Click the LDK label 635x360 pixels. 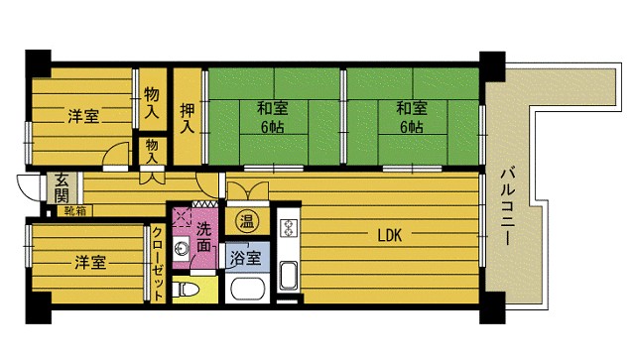tap(389, 236)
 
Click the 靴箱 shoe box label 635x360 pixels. tap(74, 210)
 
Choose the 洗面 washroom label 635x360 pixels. tap(202, 234)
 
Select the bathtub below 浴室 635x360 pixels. tap(244, 292)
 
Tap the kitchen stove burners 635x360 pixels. tap(290, 227)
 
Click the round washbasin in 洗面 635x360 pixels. tap(182, 248)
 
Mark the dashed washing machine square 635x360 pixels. tap(182, 219)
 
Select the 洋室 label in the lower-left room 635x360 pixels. tap(90, 263)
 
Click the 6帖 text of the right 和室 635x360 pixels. tap(411, 128)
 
